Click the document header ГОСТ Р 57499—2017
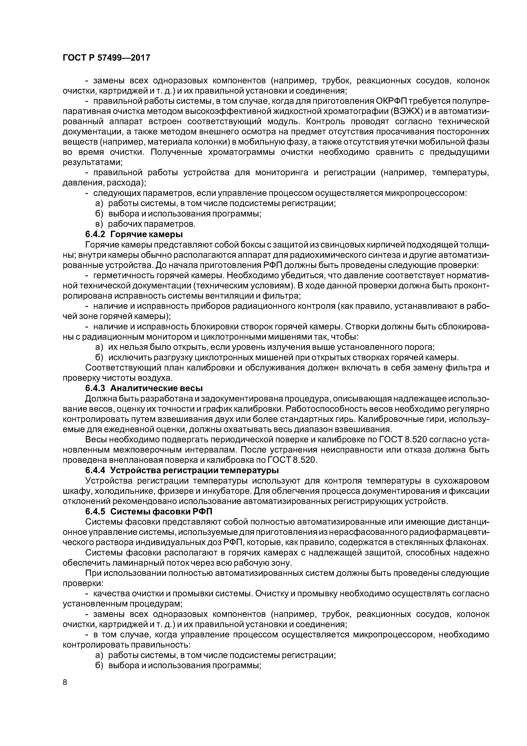click(x=106, y=58)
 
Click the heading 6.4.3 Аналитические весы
click(x=144, y=389)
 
